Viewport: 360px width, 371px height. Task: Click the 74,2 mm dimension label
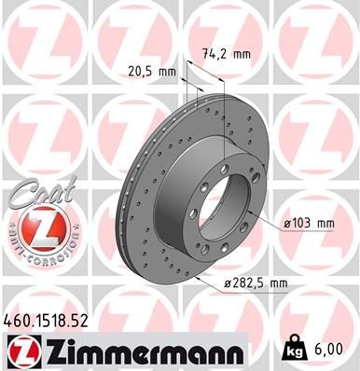pyautogui.click(x=228, y=54)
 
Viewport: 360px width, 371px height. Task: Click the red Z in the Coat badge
pyautogui.click(x=38, y=226)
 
